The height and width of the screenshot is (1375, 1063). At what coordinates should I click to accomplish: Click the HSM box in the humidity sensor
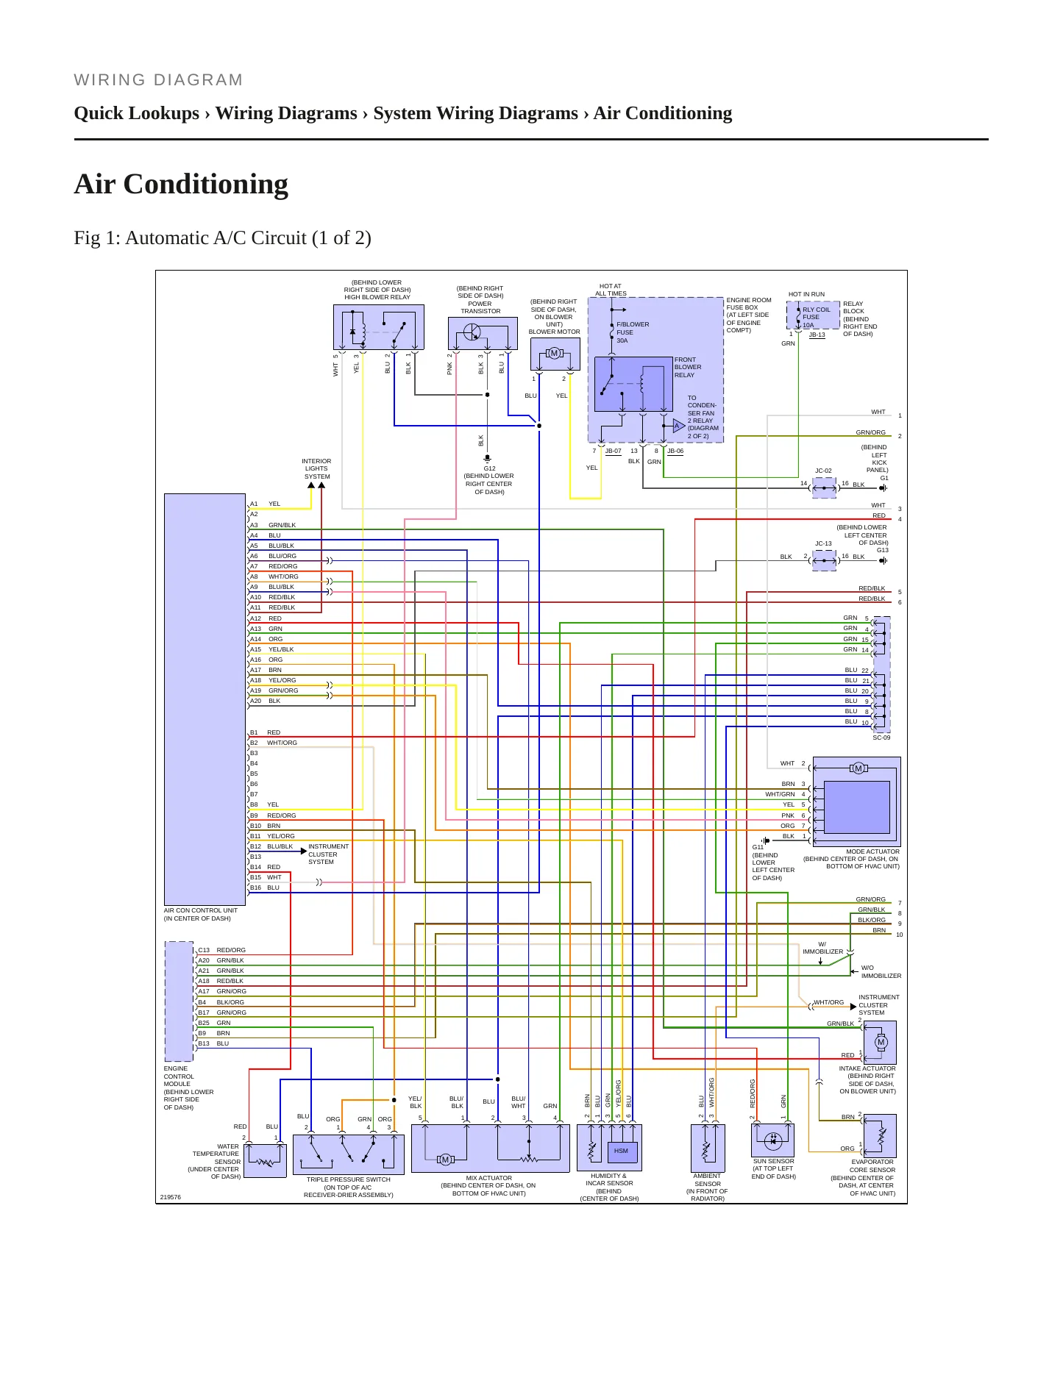[622, 1151]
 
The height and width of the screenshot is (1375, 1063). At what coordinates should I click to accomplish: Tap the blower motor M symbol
[555, 354]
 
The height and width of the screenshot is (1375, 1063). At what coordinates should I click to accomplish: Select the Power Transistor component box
[483, 333]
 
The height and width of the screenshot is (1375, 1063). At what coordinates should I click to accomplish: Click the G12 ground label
[489, 468]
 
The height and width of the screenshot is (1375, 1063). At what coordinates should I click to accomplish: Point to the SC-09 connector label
[881, 737]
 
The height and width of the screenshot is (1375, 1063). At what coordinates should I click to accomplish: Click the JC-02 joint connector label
[823, 471]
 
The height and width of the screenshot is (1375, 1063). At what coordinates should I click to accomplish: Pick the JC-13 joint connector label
[823, 543]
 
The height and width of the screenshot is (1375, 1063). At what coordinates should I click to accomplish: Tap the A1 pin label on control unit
[254, 504]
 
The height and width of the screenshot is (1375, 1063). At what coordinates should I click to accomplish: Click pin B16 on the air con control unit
[255, 888]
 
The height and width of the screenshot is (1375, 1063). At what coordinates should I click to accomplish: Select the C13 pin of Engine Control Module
[204, 950]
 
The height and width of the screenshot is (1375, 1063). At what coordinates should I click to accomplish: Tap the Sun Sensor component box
[772, 1140]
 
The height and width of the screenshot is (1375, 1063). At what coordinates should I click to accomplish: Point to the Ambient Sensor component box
[708, 1147]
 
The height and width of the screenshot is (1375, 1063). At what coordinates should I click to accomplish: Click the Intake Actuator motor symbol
[881, 1042]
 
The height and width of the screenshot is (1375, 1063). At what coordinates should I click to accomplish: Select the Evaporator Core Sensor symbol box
[880, 1136]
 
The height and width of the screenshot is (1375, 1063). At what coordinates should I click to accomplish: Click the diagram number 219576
[171, 1197]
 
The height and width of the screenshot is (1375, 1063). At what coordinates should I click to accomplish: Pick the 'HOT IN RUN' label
[806, 294]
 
